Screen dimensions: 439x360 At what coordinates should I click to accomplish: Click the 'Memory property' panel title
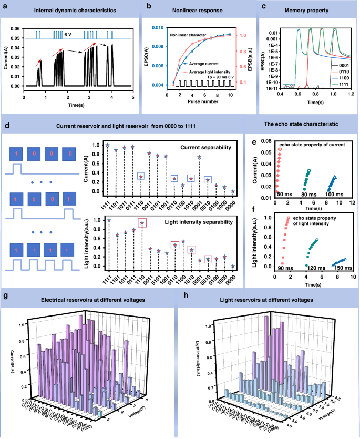[313, 9]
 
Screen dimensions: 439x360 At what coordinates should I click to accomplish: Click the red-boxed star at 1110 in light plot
[141, 223]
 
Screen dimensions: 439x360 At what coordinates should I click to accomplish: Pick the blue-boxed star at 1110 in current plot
[141, 177]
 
